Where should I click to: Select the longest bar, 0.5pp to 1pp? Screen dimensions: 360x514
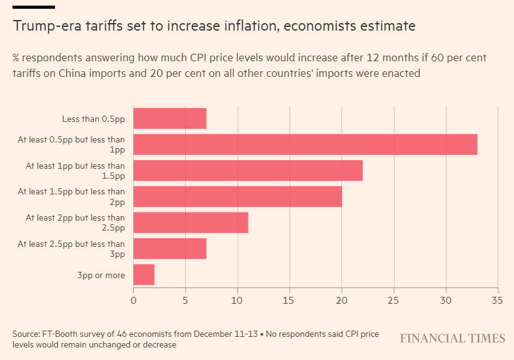[x=305, y=144]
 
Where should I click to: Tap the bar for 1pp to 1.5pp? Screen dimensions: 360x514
[x=248, y=171]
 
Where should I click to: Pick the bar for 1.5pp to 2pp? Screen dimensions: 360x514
[x=238, y=196]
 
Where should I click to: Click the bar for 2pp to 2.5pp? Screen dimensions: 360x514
[x=191, y=222]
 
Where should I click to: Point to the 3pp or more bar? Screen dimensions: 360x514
[x=144, y=275]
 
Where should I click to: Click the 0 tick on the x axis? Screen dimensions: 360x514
[x=133, y=300]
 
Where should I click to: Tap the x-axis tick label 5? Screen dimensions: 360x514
[x=185, y=300]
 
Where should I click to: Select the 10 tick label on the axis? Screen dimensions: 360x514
[x=238, y=300]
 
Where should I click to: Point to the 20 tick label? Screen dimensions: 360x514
[x=341, y=300]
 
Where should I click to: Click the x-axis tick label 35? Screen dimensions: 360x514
[x=498, y=300]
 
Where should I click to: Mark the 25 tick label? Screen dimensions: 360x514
[x=393, y=300]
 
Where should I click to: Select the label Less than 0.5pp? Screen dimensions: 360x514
[x=93, y=119]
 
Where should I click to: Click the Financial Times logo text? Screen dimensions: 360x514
[x=453, y=339]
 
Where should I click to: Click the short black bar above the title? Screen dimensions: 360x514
[x=33, y=7]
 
